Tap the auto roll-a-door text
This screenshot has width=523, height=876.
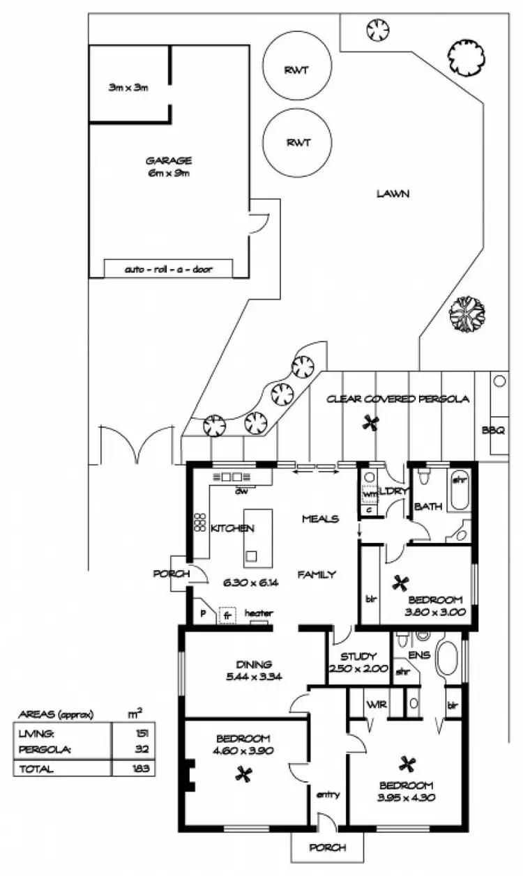(x=168, y=268)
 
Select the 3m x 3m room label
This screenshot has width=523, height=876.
(x=128, y=88)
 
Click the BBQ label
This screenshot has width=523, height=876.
(x=492, y=430)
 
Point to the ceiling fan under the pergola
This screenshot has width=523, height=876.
(x=371, y=422)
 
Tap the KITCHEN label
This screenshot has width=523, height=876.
(x=232, y=528)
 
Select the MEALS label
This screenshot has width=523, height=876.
(x=320, y=518)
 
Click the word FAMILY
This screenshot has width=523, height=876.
(x=317, y=575)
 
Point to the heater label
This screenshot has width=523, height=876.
(x=258, y=613)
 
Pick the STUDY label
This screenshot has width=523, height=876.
(x=358, y=656)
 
